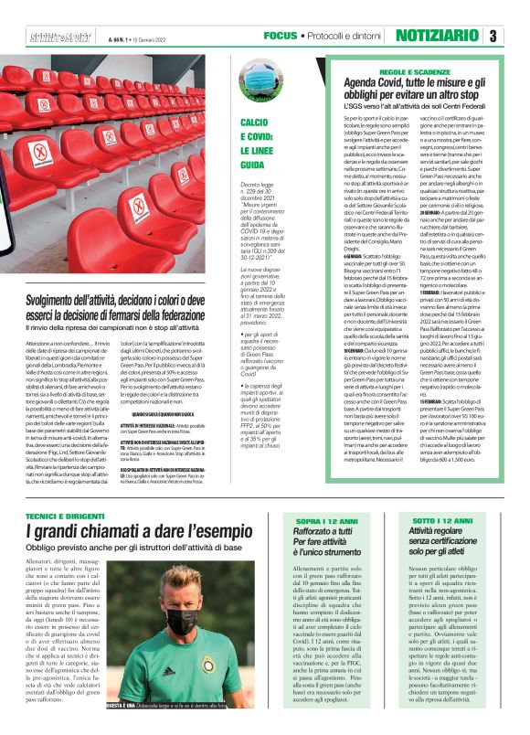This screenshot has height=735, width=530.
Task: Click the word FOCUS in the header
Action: [280, 36]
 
